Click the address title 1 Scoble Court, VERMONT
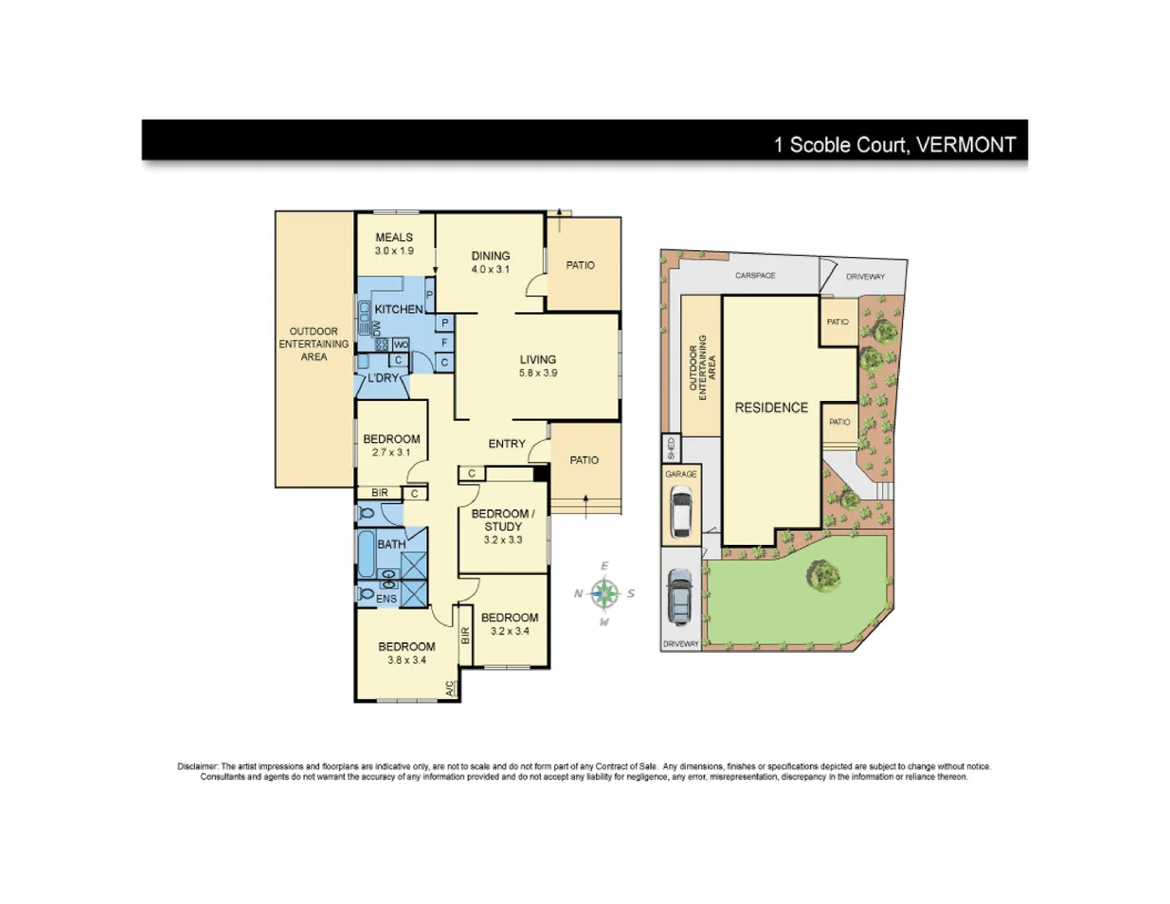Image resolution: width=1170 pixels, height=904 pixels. pyautogui.click(x=894, y=145)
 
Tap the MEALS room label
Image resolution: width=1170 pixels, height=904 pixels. pyautogui.click(x=393, y=244)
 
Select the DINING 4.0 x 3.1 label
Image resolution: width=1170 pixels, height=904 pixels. pyautogui.click(x=490, y=262)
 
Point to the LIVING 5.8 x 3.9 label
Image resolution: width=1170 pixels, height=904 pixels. pyautogui.click(x=537, y=366)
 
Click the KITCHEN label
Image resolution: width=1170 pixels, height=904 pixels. pyautogui.click(x=398, y=309)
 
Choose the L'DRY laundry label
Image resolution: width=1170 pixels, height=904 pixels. pyautogui.click(x=383, y=378)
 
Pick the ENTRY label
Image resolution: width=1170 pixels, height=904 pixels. pyautogui.click(x=506, y=444)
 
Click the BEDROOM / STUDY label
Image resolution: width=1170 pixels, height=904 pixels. pyautogui.click(x=502, y=526)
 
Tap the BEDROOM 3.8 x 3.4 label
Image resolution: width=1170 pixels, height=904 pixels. pyautogui.click(x=406, y=653)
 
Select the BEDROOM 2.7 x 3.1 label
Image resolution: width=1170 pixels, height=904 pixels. pyautogui.click(x=391, y=445)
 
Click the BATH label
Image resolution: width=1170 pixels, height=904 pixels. pyautogui.click(x=391, y=544)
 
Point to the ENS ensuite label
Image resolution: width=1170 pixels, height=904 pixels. pyautogui.click(x=386, y=598)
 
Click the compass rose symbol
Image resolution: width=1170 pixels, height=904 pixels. pyautogui.click(x=604, y=594)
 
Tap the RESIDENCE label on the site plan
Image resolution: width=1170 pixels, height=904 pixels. pyautogui.click(x=771, y=408)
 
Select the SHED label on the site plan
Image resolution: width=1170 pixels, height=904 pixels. pyautogui.click(x=670, y=448)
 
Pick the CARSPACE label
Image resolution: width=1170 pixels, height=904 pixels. pyautogui.click(x=755, y=275)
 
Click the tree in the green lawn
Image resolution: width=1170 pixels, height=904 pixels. pyautogui.click(x=824, y=575)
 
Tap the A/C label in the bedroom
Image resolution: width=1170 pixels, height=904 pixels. pyautogui.click(x=449, y=688)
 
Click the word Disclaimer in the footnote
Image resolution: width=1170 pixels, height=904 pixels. pyautogui.click(x=198, y=766)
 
